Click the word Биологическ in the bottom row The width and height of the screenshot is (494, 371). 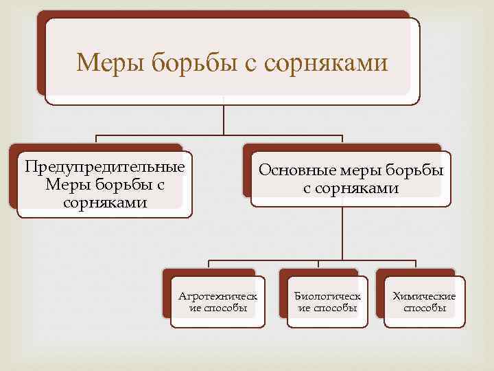point(328,296)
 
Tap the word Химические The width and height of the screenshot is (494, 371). point(424,296)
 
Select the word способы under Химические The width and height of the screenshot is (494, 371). point(425,308)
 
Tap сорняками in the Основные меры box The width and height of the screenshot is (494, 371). point(351,188)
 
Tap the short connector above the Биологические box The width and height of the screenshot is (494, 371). point(318,265)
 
